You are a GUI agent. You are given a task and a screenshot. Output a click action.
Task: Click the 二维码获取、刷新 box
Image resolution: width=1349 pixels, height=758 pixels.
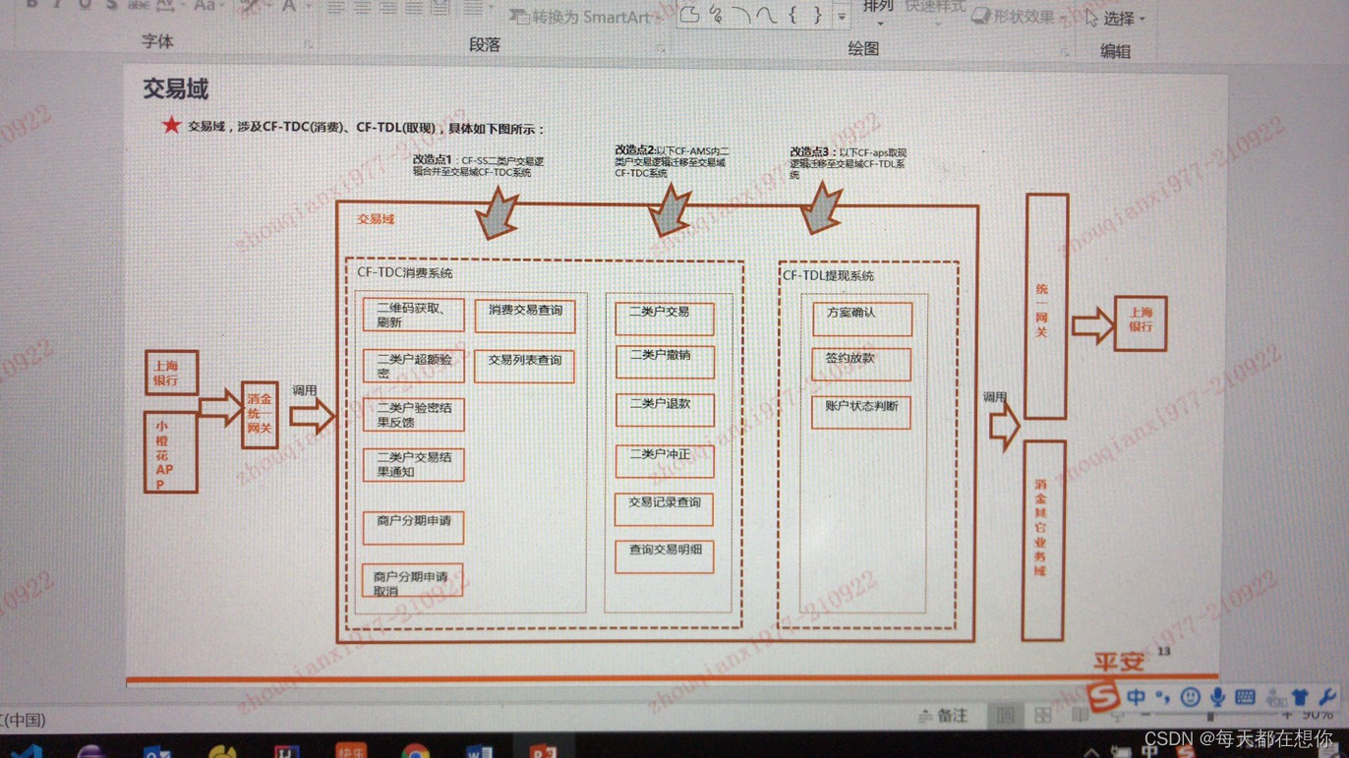[x=413, y=316]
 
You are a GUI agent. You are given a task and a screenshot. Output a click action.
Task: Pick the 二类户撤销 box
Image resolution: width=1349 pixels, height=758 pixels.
[x=665, y=361]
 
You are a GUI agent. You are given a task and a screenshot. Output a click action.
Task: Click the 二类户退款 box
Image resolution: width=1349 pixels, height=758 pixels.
[x=665, y=410]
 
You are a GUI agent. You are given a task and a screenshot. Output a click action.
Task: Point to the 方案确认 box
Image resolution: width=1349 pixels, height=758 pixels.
[x=862, y=319]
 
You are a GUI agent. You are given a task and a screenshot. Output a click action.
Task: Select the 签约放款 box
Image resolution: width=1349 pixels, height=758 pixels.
[x=861, y=364]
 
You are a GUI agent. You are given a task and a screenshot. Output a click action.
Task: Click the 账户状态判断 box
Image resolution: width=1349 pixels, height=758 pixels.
[x=861, y=412]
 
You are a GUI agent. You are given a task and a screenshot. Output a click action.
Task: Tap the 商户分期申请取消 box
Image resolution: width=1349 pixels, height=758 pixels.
[x=412, y=583]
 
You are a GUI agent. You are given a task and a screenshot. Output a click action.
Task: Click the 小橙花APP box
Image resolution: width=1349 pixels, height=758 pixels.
[x=170, y=452]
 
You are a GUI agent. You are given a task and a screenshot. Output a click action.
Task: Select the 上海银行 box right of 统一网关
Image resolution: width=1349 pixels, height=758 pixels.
[x=1141, y=323]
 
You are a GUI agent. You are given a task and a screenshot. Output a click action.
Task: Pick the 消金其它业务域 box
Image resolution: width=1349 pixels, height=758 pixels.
[x=1043, y=541]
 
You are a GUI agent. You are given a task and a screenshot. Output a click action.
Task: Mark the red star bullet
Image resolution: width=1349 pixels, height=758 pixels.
[x=172, y=126]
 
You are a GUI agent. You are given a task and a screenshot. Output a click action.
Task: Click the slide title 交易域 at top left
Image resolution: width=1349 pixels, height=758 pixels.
[x=176, y=88]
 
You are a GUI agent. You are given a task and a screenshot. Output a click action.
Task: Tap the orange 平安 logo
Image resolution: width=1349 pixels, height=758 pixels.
[x=1119, y=662]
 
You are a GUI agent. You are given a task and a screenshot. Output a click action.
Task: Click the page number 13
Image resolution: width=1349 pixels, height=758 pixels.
[x=1164, y=651]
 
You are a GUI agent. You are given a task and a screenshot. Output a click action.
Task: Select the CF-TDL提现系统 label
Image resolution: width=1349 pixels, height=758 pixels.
[x=828, y=276]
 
